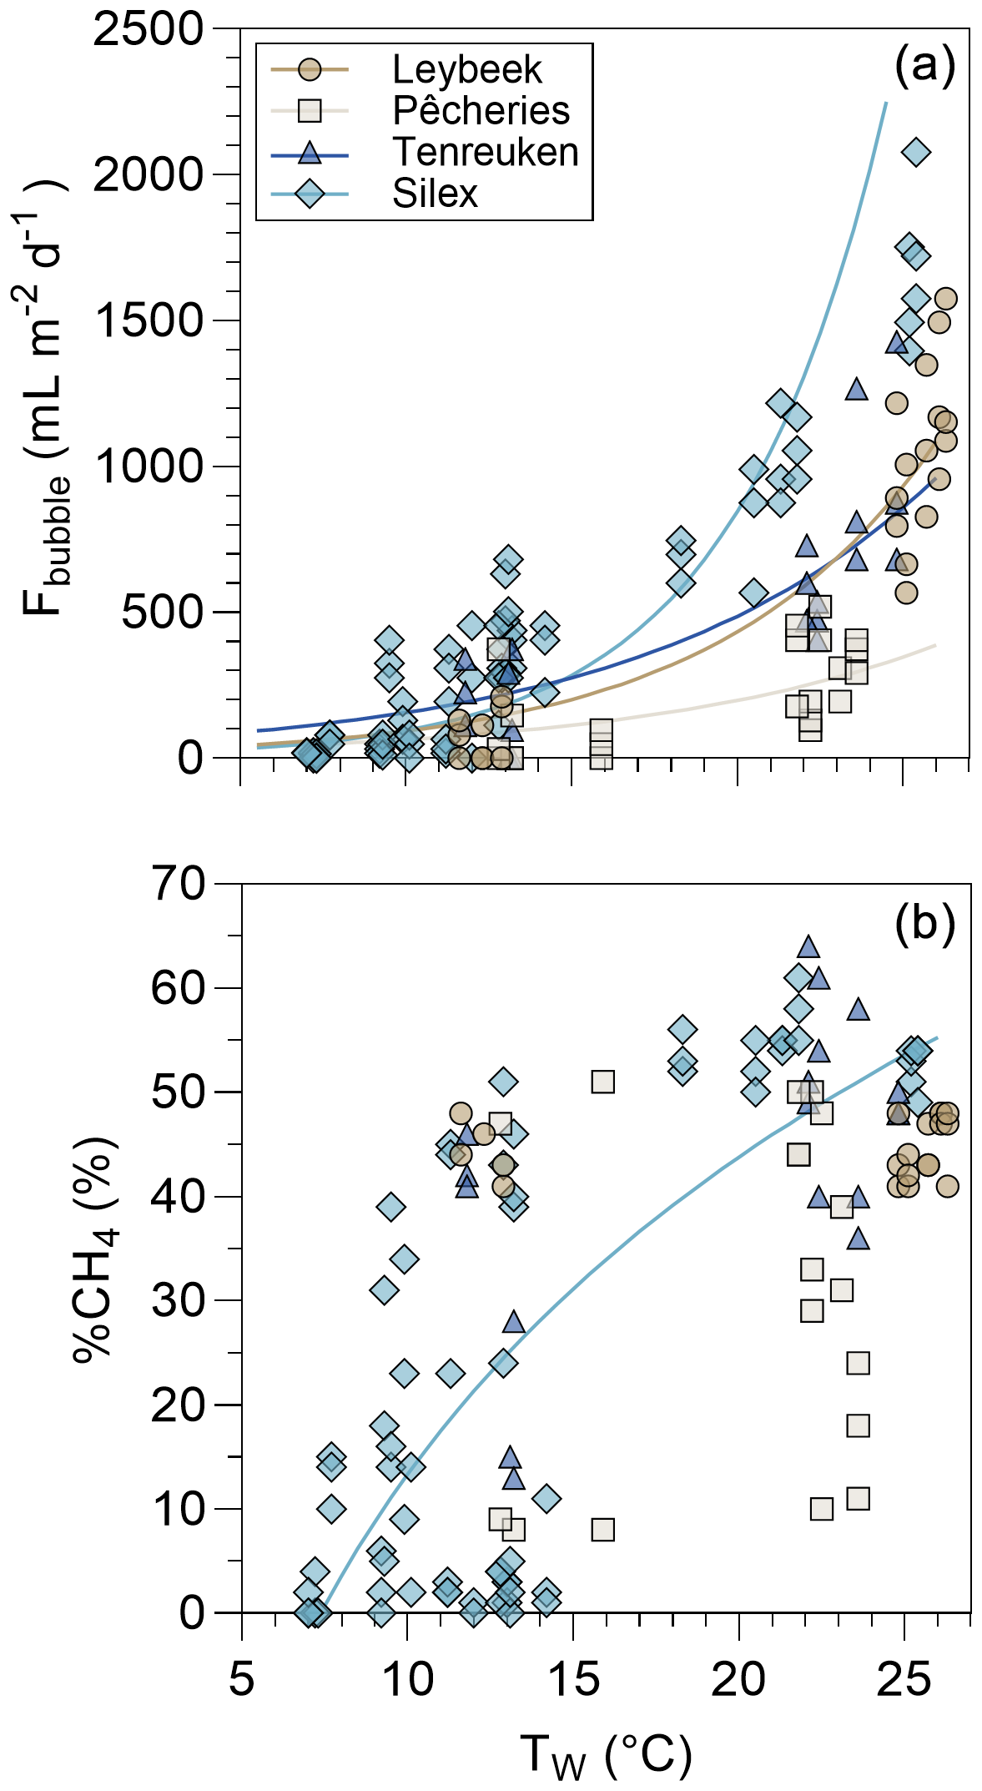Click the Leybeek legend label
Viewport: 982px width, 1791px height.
pyautogui.click(x=466, y=70)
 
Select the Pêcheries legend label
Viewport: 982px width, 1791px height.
pyautogui.click(x=481, y=111)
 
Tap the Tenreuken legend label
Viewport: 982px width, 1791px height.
pyautogui.click(x=485, y=152)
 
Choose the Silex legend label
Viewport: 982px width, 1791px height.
pyautogui.click(x=435, y=194)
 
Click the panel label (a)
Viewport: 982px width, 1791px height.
pyautogui.click(x=924, y=64)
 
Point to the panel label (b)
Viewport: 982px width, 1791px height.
pyautogui.click(x=924, y=922)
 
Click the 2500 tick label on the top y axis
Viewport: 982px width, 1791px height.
pyautogui.click(x=149, y=30)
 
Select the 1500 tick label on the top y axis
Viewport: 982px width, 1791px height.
pyautogui.click(x=149, y=321)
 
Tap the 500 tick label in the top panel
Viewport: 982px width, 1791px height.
pyautogui.click(x=162, y=613)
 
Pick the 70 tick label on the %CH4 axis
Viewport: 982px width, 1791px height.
pyautogui.click(x=178, y=885)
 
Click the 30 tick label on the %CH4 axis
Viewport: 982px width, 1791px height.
pyautogui.click(x=178, y=1301)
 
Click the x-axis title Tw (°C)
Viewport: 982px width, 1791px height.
pyautogui.click(x=606, y=1754)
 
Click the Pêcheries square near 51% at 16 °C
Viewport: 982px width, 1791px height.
pyautogui.click(x=602, y=1082)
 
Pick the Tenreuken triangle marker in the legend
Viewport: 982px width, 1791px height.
pyautogui.click(x=310, y=153)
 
